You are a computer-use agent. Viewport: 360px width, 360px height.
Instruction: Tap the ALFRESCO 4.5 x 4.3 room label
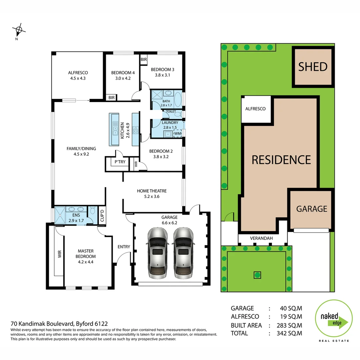78,75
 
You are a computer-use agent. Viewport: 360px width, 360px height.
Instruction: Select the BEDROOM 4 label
123,73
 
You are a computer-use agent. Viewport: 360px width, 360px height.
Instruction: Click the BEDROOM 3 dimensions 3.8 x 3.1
162,75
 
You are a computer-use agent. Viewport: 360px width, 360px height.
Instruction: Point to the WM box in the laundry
177,134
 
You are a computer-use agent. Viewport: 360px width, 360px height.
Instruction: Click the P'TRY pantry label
120,162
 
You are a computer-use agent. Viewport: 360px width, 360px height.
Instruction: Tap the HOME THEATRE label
152,191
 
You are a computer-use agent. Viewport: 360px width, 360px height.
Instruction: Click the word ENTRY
124,247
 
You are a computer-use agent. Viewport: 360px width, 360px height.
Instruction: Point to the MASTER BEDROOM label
86,254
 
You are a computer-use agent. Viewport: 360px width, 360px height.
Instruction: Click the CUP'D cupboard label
102,216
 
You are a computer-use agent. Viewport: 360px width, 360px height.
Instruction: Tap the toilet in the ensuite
93,211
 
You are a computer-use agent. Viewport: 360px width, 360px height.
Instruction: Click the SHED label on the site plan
313,67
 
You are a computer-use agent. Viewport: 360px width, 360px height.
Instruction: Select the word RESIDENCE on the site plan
281,160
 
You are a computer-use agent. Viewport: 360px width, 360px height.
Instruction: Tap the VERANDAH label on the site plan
262,238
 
